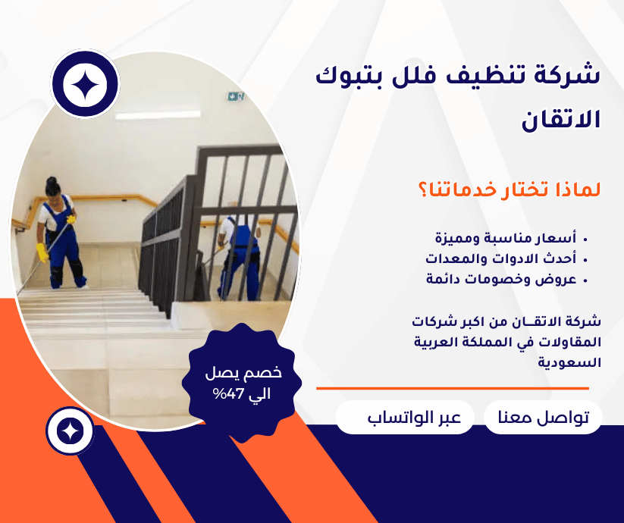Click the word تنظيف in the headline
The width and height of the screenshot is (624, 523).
point(485,77)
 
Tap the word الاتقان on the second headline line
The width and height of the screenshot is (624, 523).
point(561,120)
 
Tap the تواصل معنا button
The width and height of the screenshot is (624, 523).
point(543,418)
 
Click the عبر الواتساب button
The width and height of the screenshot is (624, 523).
point(405,418)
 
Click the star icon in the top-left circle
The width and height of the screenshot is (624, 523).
point(85,85)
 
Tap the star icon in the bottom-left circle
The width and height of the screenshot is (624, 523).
point(70,431)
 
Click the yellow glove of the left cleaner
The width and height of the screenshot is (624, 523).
point(42,252)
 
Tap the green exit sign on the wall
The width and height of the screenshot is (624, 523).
point(235,96)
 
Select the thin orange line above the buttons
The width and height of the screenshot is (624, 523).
point(452,388)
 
